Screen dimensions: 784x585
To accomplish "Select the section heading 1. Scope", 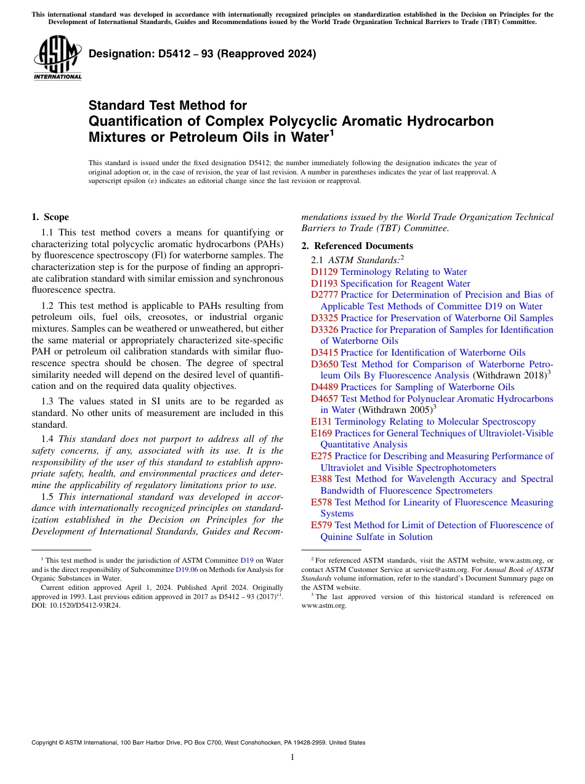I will point(50,217).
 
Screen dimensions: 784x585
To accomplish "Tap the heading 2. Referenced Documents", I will point(357,246).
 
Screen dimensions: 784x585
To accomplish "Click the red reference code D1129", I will point(324,272).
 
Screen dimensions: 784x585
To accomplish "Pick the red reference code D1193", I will point(324,284).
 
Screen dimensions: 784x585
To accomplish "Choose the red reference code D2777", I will point(324,295).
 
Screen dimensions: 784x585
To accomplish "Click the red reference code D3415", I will point(324,353).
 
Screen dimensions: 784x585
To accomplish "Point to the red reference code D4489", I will point(324,387).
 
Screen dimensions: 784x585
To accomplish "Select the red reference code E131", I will point(321,422).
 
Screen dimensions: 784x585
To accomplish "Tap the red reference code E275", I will point(321,456).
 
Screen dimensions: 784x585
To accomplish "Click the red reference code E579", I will point(321,525).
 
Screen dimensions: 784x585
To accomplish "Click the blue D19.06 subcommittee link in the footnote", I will point(187,570).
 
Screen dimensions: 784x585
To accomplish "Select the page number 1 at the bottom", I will point(292,757).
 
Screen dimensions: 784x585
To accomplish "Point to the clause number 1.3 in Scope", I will point(48,401).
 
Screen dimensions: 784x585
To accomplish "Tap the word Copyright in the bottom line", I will point(46,743).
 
